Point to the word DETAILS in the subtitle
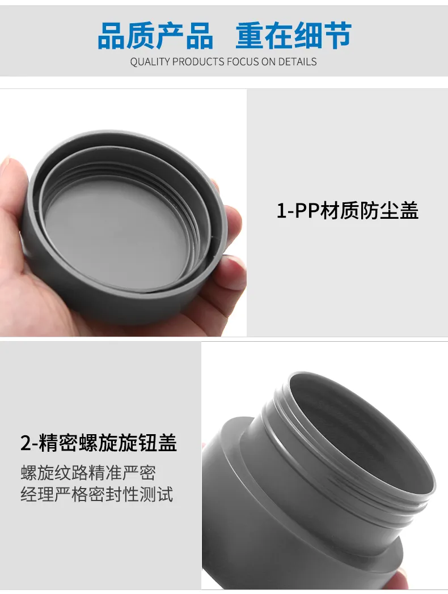click(298, 62)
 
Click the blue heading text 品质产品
click(155, 36)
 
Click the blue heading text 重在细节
click(294, 36)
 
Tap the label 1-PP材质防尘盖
click(348, 210)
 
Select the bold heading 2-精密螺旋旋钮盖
click(99, 443)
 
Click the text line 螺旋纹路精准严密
click(88, 473)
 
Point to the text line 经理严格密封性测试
click(96, 494)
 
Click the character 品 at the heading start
click(111, 36)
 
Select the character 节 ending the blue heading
click(337, 36)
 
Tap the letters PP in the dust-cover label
click(306, 211)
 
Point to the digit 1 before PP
click(281, 211)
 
